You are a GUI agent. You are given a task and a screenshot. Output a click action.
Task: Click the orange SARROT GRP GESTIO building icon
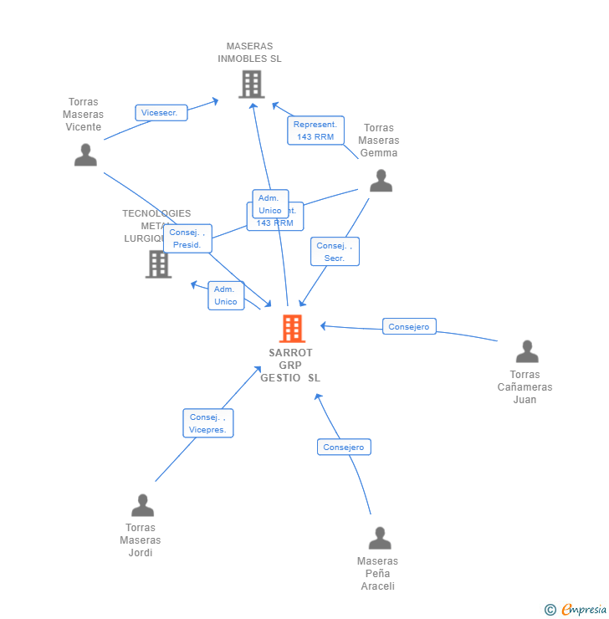click(292, 329)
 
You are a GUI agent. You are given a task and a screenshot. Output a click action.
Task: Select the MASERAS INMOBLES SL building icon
click(251, 84)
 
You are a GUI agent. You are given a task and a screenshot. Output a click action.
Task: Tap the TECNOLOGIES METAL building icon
click(158, 263)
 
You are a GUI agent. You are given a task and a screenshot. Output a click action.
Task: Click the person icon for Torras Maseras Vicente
click(85, 156)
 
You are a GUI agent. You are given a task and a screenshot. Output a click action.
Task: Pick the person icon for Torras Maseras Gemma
click(381, 181)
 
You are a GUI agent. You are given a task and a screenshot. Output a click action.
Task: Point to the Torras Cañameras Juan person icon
click(526, 351)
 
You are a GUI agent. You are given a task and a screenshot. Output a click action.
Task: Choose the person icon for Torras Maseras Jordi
click(142, 505)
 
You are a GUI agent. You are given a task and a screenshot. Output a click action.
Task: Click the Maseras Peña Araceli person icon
click(380, 538)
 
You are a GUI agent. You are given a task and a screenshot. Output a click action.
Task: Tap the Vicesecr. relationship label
click(161, 113)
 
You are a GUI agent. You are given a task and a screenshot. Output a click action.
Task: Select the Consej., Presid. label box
click(187, 238)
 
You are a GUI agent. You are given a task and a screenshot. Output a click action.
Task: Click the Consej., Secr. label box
click(335, 252)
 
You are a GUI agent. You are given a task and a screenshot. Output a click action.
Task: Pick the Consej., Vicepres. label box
click(208, 423)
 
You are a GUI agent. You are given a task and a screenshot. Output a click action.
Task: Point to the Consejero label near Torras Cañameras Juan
click(409, 326)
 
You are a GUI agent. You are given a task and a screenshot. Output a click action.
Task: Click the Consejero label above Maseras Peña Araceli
click(344, 447)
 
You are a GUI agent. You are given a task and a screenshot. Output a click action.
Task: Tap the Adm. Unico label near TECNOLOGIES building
click(225, 295)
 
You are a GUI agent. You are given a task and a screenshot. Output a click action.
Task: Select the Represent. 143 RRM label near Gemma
click(315, 130)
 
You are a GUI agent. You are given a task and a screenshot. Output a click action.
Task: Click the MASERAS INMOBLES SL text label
click(249, 53)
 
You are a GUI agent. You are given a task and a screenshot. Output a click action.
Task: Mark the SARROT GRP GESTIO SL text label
click(290, 366)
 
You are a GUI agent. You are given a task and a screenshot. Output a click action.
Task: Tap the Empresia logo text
click(584, 610)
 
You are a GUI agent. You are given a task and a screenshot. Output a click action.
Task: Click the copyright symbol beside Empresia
click(550, 610)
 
